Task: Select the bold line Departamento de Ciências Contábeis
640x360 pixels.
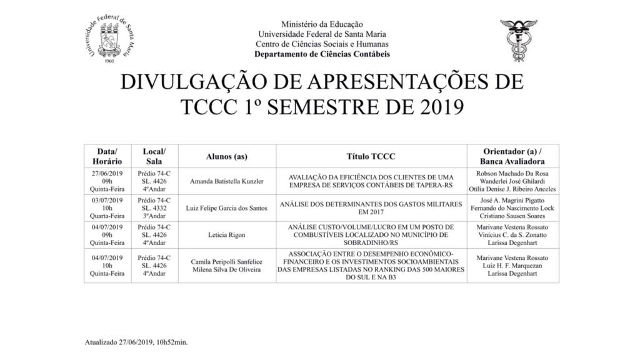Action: click(322, 54)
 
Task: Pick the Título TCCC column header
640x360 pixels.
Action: click(371, 156)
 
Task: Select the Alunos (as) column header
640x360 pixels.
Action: click(229, 156)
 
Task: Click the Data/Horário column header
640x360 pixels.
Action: click(107, 156)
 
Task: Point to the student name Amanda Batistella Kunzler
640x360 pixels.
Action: click(229, 181)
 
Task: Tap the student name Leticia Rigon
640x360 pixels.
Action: click(229, 235)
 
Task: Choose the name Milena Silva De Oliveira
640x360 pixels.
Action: click(229, 269)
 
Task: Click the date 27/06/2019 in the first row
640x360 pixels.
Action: click(107, 173)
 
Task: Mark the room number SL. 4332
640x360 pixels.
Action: click(154, 206)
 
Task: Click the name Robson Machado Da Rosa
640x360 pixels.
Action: click(512, 173)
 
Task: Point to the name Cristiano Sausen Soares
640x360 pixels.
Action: click(512, 214)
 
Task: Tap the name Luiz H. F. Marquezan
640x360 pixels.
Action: click(512, 266)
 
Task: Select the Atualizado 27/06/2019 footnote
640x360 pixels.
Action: click(136, 342)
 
